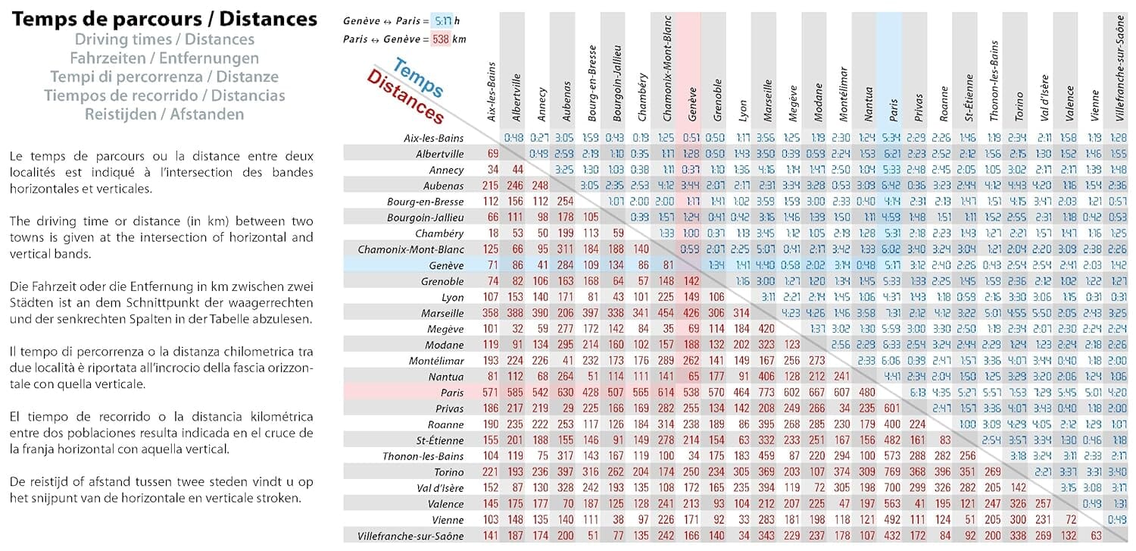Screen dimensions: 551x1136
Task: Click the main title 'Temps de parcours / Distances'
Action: click(x=164, y=19)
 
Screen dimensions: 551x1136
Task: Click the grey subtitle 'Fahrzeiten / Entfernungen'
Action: click(x=164, y=58)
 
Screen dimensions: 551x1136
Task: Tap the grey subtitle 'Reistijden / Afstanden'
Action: click(x=164, y=115)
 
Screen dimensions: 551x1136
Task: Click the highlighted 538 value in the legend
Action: click(x=440, y=39)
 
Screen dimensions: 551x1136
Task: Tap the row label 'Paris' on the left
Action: click(x=451, y=393)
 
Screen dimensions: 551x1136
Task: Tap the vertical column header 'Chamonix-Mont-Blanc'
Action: click(x=667, y=76)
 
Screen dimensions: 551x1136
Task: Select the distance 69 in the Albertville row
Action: click(x=493, y=154)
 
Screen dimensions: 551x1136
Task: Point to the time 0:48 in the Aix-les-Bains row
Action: click(x=515, y=138)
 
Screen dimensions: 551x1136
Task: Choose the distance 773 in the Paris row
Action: click(x=767, y=393)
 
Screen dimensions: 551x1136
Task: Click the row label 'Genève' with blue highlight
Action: click(x=446, y=265)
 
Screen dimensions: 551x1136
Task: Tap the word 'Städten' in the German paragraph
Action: click(x=33, y=319)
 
